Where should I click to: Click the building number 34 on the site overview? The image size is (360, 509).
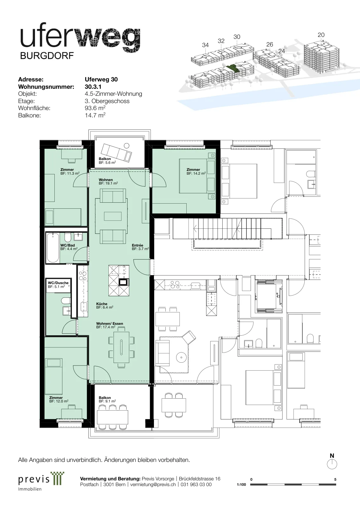pyautogui.click(x=205, y=45)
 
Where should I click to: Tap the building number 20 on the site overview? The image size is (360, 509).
pyautogui.click(x=321, y=35)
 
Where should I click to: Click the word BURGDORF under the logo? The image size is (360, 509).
pyautogui.click(x=47, y=56)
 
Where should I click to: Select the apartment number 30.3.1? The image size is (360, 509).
pyautogui.click(x=93, y=87)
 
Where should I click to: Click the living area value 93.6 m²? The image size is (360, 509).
pyautogui.click(x=95, y=108)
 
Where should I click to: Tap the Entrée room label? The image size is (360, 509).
pyautogui.click(x=138, y=245)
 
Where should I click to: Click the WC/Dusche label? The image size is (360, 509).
pyautogui.click(x=58, y=283)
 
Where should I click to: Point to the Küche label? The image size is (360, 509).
pyautogui.click(x=102, y=304)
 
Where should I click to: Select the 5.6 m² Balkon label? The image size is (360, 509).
pyautogui.click(x=107, y=161)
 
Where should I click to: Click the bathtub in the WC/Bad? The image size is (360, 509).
pyautogui.click(x=53, y=248)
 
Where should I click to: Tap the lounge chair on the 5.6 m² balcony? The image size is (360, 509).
pyautogui.click(x=116, y=153)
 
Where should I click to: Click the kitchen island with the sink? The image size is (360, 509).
pyautogui.click(x=119, y=280)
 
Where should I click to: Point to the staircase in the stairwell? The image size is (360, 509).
pyautogui.click(x=227, y=228)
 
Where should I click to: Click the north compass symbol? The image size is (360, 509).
pyautogui.click(x=332, y=464)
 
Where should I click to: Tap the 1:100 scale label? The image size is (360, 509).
pyautogui.click(x=241, y=485)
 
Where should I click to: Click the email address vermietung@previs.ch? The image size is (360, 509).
pyautogui.click(x=153, y=484)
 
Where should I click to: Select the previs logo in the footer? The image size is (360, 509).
pyautogui.click(x=41, y=481)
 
